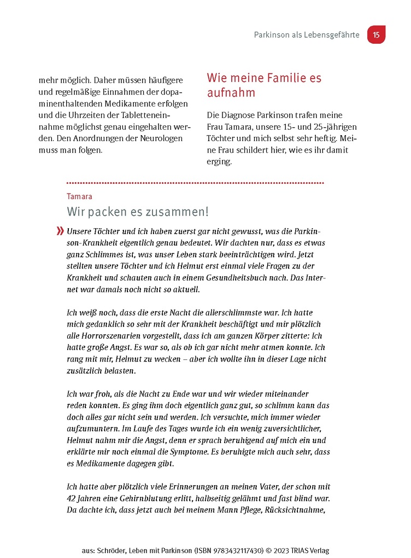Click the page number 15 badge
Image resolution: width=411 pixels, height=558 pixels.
tap(376, 35)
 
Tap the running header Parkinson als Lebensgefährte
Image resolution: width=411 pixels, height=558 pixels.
tap(307, 35)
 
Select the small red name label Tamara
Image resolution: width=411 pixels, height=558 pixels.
tap(79, 196)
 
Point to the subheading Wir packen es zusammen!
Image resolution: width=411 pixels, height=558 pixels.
tap(137, 212)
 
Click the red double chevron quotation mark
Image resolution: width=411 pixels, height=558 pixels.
tap(60, 231)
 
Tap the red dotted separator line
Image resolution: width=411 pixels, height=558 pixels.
tap(195, 183)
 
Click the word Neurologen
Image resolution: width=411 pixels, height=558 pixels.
tap(160, 138)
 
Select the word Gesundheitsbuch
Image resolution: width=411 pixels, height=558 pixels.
tap(233, 277)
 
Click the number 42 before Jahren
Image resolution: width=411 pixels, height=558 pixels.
tap(72, 498)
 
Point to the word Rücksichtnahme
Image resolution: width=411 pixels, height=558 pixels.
tap(293, 510)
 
